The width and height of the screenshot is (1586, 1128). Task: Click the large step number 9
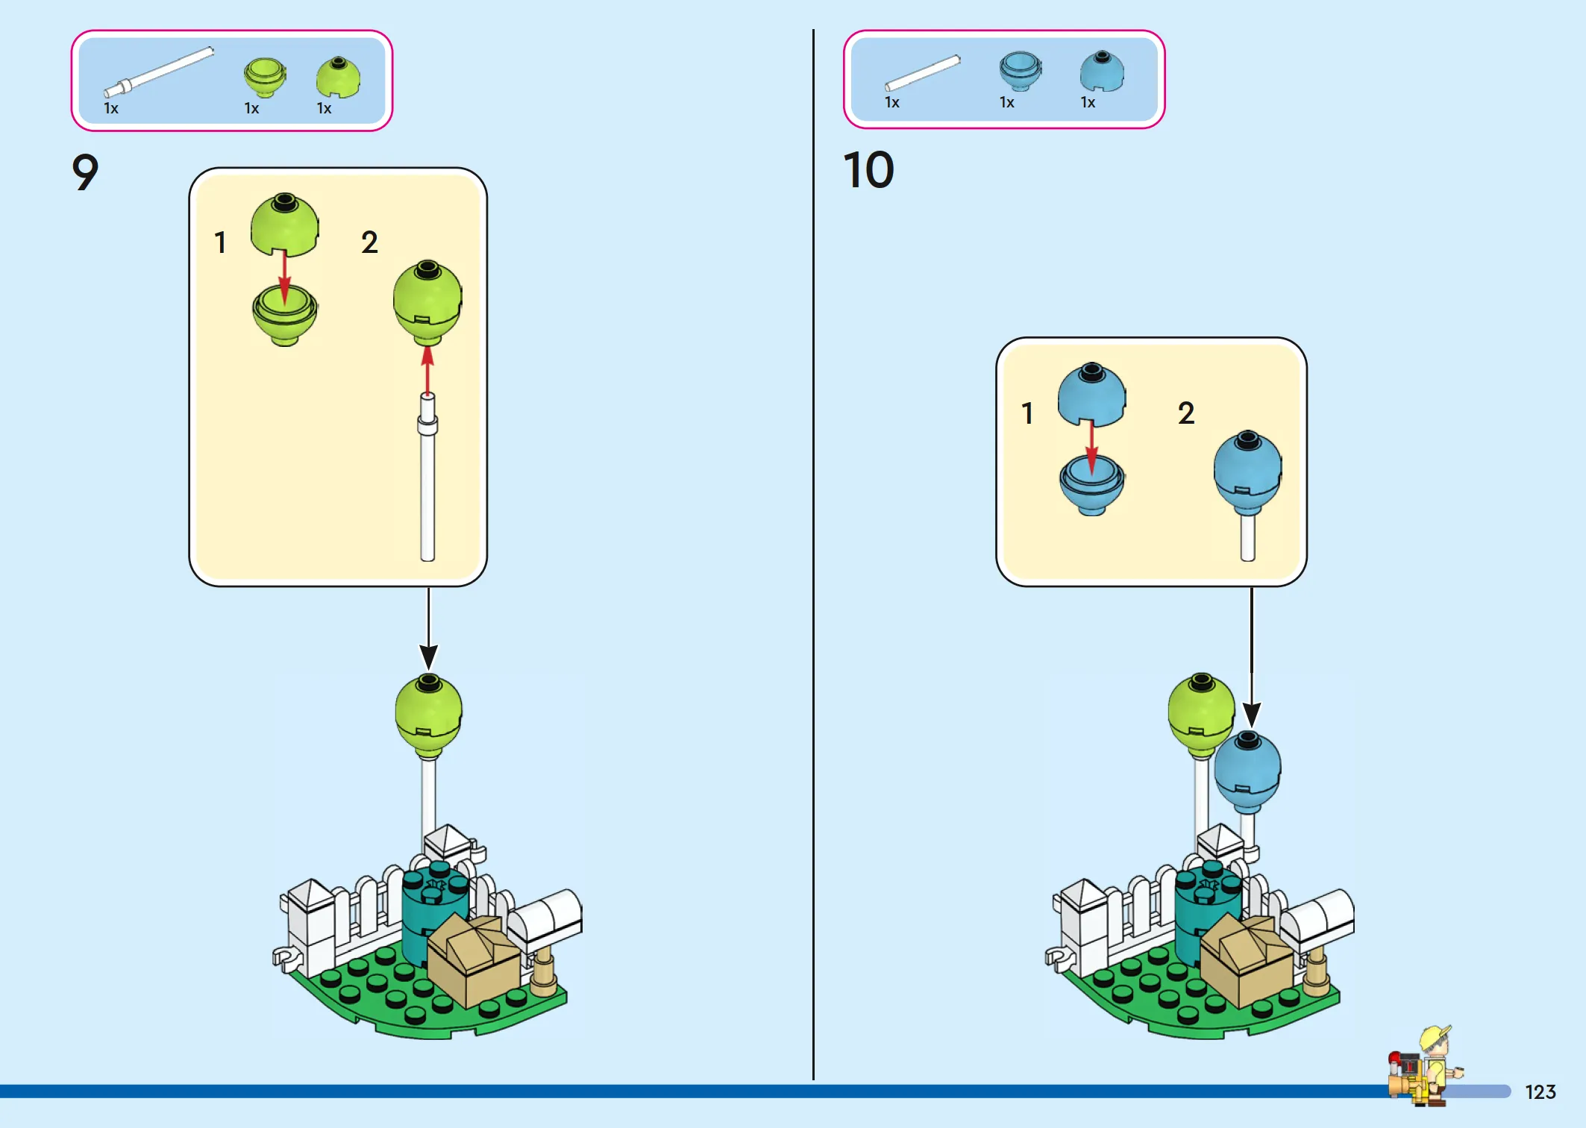(x=85, y=172)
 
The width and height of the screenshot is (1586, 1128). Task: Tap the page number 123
(x=1540, y=1092)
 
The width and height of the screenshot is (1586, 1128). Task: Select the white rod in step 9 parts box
(x=159, y=72)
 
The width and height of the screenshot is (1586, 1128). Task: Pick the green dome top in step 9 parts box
(x=338, y=77)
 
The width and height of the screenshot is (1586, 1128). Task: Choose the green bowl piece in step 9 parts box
(x=265, y=77)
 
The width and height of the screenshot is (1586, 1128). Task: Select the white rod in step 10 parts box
(x=923, y=73)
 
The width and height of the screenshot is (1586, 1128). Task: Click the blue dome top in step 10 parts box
(x=1102, y=71)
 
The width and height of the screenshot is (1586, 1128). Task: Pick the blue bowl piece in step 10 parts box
(x=1021, y=71)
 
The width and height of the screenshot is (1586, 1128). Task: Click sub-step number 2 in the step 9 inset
(x=369, y=242)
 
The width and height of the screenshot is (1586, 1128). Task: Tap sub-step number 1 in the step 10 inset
(x=1027, y=413)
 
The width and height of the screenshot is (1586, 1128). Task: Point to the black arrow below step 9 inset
(x=428, y=629)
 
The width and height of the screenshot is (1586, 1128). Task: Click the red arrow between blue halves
(x=1091, y=448)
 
